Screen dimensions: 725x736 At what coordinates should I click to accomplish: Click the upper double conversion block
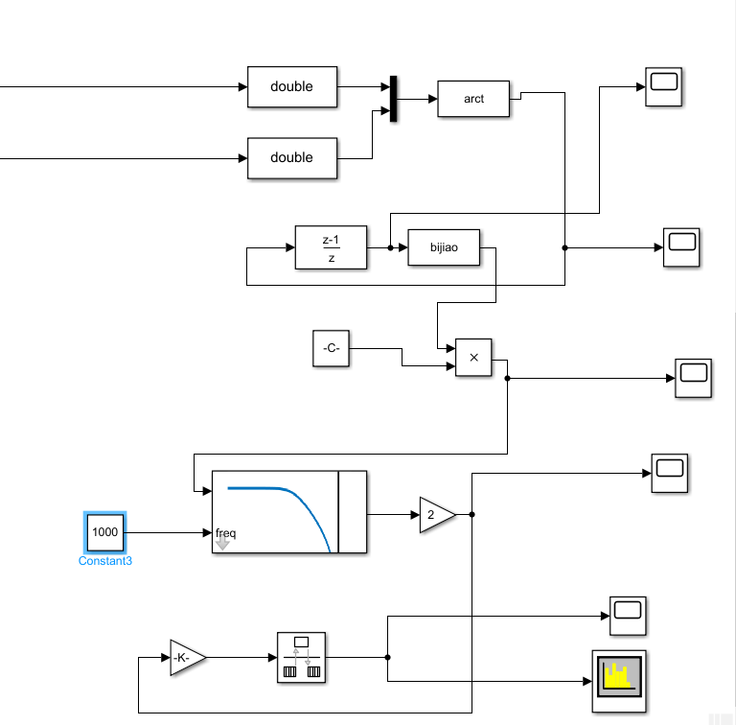(292, 86)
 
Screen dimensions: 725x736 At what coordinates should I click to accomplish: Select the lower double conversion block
(292, 157)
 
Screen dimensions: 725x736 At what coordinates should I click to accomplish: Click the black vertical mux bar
(392, 99)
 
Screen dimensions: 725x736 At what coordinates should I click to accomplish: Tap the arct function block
(473, 99)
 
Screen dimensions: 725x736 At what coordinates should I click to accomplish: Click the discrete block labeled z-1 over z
(331, 247)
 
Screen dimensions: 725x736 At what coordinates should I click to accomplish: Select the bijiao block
(444, 247)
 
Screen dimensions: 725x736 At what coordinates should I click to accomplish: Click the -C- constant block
(332, 348)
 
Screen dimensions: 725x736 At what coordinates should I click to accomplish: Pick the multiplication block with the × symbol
(473, 359)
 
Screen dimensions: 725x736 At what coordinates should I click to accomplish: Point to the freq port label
(226, 532)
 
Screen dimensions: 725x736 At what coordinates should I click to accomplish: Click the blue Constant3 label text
(104, 561)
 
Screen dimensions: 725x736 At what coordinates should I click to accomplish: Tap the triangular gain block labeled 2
(436, 515)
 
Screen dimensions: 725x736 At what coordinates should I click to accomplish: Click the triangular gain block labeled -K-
(186, 658)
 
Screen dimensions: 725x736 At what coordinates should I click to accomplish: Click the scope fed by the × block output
(695, 378)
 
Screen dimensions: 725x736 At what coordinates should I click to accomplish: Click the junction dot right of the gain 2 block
(471, 515)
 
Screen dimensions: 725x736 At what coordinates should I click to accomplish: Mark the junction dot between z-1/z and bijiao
(390, 247)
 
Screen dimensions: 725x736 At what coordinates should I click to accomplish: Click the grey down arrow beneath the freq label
(222, 545)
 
